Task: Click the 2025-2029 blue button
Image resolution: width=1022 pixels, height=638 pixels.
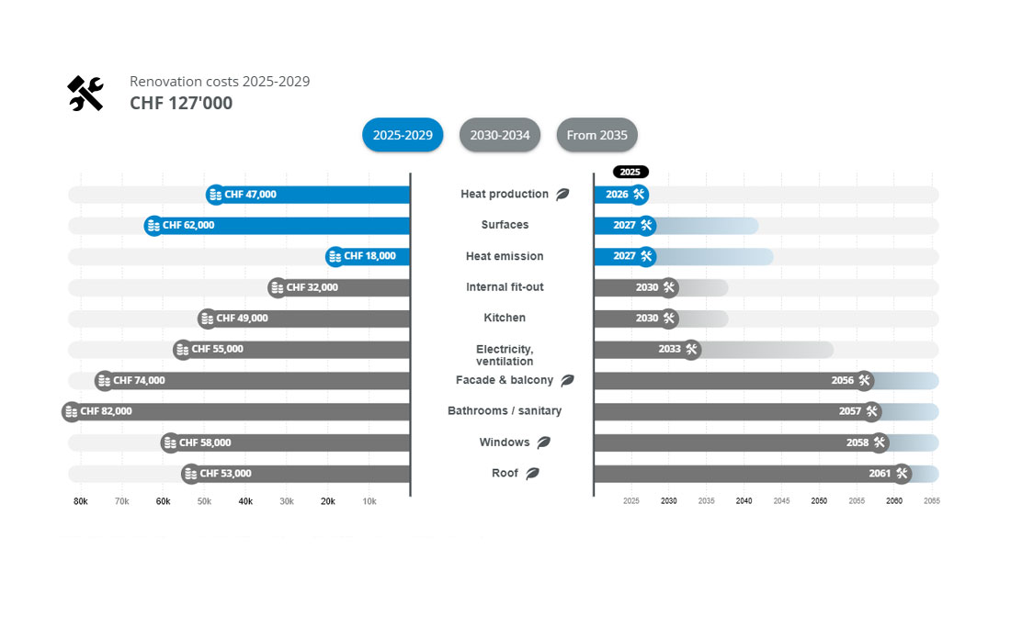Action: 403,135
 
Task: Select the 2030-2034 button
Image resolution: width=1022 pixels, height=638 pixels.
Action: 500,135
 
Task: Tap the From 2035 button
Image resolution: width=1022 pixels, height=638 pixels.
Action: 596,135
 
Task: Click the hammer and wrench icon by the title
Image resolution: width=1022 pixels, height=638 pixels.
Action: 85,94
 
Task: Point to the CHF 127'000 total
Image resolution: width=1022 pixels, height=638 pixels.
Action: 181,103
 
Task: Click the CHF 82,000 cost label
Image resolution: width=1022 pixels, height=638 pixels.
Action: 106,411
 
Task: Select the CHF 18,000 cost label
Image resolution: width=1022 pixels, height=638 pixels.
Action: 369,256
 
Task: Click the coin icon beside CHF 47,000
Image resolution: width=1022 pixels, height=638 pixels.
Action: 215,195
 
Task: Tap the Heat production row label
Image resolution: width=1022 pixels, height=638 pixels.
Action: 505,195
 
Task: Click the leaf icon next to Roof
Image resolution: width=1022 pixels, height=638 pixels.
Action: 532,474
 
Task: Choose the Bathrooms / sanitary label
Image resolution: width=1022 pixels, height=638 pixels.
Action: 505,411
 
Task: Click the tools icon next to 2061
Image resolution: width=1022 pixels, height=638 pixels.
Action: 902,474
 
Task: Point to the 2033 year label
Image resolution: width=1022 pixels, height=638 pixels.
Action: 669,349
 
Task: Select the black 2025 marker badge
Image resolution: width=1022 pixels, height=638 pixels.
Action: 630,172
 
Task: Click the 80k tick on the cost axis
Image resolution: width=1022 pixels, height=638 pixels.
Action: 81,501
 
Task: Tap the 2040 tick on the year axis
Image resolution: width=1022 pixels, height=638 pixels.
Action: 744,501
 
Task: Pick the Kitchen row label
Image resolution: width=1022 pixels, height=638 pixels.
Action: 505,318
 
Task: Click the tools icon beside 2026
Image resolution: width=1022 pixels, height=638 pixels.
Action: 639,195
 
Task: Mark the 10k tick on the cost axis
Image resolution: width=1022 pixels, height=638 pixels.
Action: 369,501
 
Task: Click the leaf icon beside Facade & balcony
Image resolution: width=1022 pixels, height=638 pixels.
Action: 567,380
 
